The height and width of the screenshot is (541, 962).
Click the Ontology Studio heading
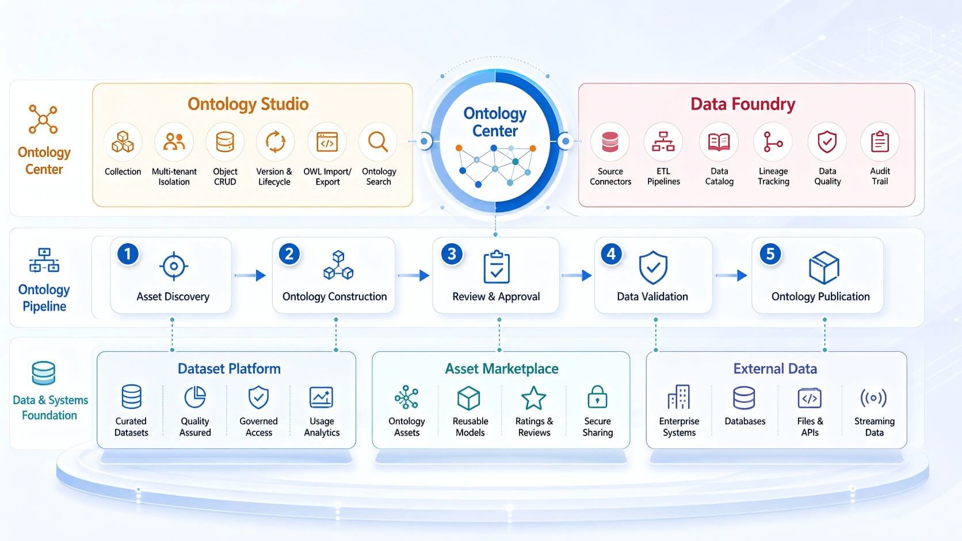tap(248, 104)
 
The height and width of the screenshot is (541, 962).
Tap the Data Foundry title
tap(743, 104)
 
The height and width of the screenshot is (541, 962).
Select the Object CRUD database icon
tap(225, 142)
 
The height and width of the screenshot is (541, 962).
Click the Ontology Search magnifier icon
tap(378, 141)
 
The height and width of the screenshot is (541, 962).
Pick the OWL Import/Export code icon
tap(327, 142)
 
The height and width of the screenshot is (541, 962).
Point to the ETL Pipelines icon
tap(663, 141)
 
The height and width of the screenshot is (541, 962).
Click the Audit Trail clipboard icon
tap(880, 141)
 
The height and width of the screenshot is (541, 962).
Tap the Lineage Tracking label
tap(773, 176)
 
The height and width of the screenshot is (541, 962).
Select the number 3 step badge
tap(451, 254)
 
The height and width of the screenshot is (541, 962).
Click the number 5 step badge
tap(770, 254)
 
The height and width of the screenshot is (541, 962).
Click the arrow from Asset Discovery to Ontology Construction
tap(250, 275)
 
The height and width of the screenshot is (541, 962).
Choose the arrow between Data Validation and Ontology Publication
tap(731, 275)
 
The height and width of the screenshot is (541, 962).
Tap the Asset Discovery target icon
tap(174, 266)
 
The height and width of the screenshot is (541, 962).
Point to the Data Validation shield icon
tap(653, 268)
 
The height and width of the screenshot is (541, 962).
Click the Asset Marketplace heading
tap(501, 369)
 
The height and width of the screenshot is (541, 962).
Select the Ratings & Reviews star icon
tap(533, 398)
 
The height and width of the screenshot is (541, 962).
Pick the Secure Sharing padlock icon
tap(597, 397)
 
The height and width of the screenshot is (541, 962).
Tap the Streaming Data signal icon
tap(873, 398)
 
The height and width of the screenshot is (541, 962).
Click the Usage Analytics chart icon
tap(321, 397)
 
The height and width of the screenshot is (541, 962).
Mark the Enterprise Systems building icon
tap(678, 397)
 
